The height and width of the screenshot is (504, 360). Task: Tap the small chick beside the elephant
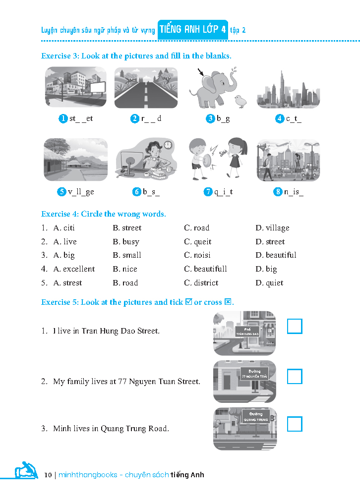coord(240,101)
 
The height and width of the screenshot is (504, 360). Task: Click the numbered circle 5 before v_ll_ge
coord(62,192)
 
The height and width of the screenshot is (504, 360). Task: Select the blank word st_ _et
coord(81,118)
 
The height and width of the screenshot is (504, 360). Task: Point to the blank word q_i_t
coord(224,192)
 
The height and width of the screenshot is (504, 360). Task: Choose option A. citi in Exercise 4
coord(64,228)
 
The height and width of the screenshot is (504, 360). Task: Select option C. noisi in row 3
coord(197,255)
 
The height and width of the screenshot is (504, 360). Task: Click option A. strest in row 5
coord(67,283)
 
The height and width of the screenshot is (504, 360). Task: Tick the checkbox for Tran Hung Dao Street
coord(295,326)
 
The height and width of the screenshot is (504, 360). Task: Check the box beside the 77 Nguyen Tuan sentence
coord(295,377)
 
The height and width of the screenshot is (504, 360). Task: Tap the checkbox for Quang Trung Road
coord(295,424)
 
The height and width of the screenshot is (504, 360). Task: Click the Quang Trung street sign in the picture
coord(255,417)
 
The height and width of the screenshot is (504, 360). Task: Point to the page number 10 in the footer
coord(48,475)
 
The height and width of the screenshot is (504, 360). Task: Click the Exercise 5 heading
coord(137,302)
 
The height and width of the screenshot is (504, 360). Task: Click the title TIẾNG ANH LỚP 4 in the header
coord(192,30)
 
